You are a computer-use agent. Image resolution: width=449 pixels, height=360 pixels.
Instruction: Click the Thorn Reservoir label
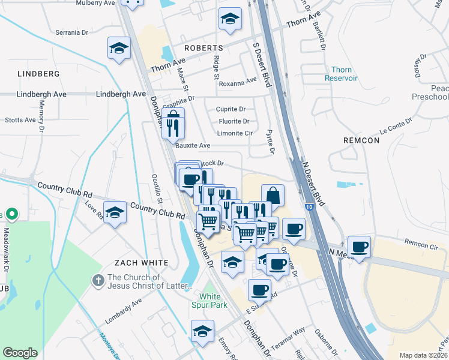(341, 74)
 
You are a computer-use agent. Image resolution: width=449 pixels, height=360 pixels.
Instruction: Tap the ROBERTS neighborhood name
(203, 47)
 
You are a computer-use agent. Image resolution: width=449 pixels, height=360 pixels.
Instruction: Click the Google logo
(20, 353)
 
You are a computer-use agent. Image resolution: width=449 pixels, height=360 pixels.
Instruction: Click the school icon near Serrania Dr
(119, 47)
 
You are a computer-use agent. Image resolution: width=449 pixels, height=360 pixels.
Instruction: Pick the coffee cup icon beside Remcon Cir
(359, 247)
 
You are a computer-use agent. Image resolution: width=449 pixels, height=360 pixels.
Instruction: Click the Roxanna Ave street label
(238, 83)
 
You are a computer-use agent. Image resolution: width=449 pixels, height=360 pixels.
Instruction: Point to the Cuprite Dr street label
(231, 109)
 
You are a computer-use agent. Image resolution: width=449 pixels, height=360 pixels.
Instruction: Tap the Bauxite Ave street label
(193, 145)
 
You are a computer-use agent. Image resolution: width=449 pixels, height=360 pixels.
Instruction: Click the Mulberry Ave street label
(95, 3)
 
